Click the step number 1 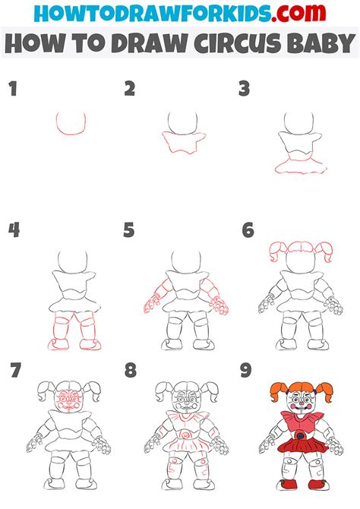coord(13,89)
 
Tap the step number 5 coord(128,230)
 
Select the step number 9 coord(246,371)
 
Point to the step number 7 coord(15,371)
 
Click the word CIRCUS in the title coord(238,43)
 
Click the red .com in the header coord(298,13)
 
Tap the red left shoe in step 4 coord(58,345)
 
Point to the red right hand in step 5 coord(219,305)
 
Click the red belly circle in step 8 coord(186,434)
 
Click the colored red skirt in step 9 coord(302,445)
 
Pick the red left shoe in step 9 coord(288,485)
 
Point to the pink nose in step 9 coord(302,403)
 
